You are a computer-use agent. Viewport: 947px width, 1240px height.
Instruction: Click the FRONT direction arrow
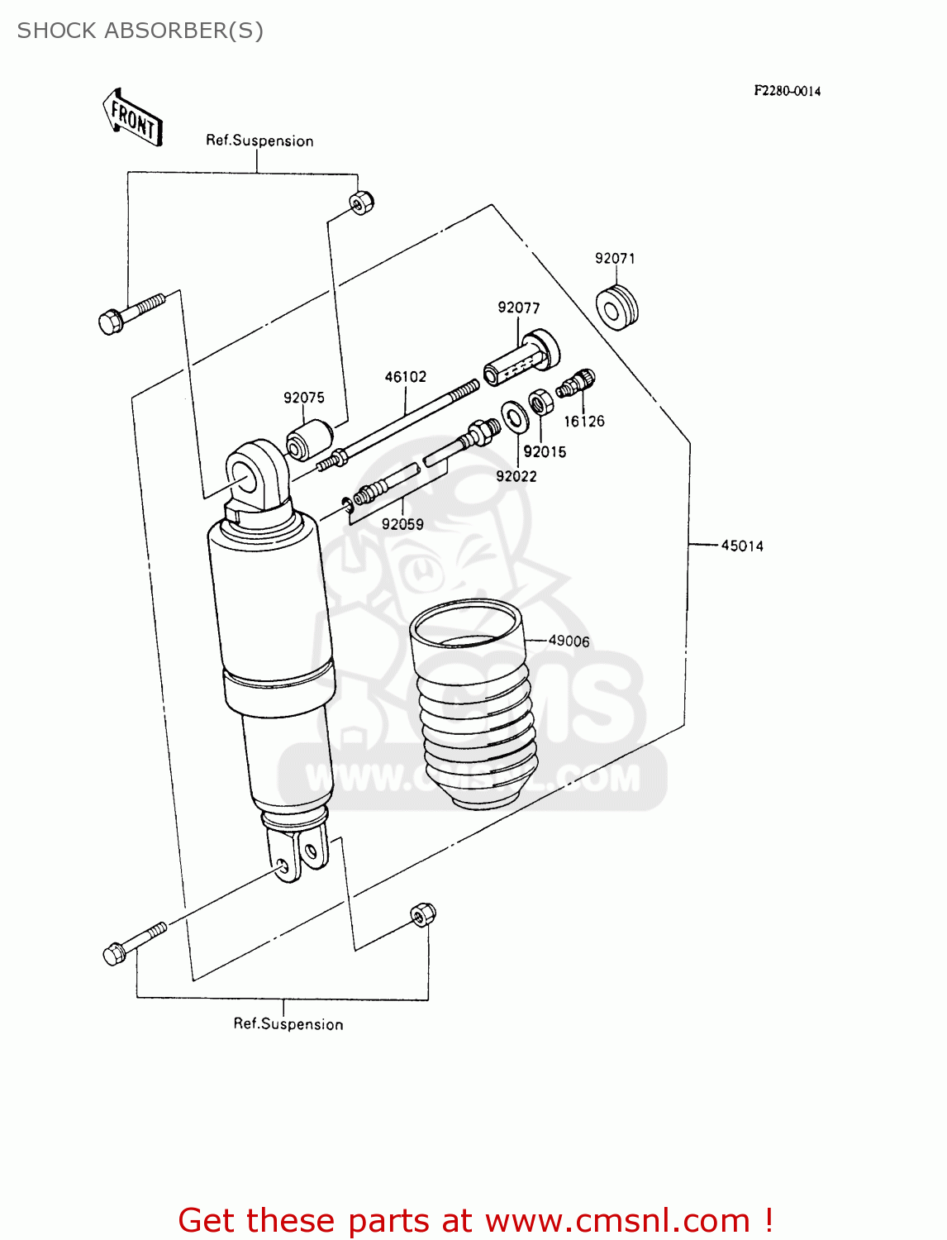click(132, 118)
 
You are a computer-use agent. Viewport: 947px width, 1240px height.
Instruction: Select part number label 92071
click(615, 259)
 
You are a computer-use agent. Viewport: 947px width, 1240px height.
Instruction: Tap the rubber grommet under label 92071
click(616, 308)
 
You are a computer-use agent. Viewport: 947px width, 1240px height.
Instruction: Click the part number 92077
click(518, 308)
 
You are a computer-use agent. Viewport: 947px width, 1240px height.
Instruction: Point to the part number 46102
click(405, 377)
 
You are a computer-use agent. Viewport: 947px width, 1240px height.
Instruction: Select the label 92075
click(303, 398)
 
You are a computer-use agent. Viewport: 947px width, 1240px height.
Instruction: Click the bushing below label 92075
click(308, 440)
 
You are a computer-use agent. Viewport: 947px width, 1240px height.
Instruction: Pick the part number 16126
click(583, 422)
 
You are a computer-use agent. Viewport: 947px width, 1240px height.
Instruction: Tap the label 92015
click(544, 452)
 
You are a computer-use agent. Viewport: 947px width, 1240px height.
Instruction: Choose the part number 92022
click(516, 477)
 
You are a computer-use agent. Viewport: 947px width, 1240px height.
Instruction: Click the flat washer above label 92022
click(516, 416)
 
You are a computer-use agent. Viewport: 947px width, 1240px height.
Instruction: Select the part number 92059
click(402, 525)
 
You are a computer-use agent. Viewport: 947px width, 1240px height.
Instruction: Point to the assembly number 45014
click(741, 546)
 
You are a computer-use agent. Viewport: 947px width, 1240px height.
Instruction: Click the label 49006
click(569, 641)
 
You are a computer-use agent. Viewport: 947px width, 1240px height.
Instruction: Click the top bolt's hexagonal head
click(111, 321)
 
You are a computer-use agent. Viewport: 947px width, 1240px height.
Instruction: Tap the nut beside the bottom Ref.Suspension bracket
click(422, 915)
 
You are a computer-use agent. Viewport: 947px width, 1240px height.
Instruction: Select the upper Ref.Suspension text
click(259, 141)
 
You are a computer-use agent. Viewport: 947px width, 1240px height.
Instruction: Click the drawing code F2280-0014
click(787, 91)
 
